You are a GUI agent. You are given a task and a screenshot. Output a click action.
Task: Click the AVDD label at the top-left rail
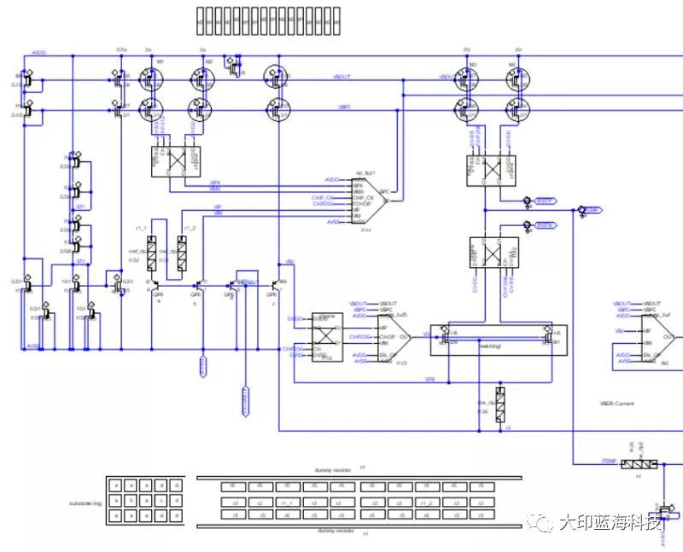pyautogui.click(x=38, y=53)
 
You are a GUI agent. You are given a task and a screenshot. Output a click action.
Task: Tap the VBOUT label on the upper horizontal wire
pyautogui.click(x=342, y=78)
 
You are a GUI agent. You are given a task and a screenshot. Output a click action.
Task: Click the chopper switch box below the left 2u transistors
pyautogui.click(x=175, y=159)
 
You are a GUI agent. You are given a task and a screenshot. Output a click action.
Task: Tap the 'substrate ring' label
pyautogui.click(x=85, y=504)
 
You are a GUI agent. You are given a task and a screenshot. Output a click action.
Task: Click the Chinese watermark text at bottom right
pyautogui.click(x=611, y=522)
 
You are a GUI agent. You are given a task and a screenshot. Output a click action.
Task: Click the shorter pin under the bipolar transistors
pyautogui.click(x=203, y=366)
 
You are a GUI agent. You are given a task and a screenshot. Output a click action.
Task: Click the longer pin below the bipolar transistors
pyautogui.click(x=246, y=401)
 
